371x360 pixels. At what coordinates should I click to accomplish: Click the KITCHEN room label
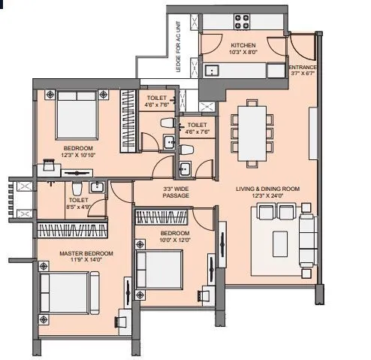tap(243, 45)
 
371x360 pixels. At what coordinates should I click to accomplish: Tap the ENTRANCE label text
tap(303, 68)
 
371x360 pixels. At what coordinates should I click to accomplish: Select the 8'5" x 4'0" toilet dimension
tap(78, 207)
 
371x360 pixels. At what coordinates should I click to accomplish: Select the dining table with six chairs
tap(249, 133)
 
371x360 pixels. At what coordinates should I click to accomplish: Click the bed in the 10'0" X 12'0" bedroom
tap(159, 269)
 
